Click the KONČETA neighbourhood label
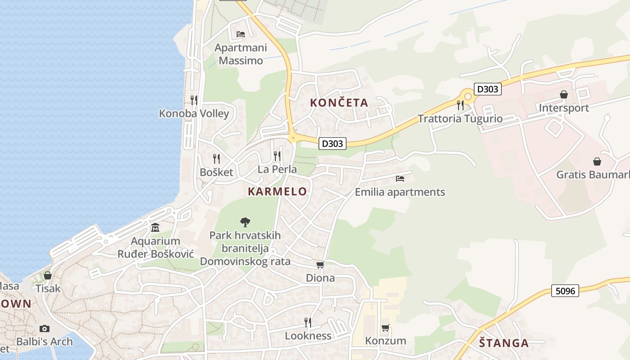339,103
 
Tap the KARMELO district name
277,191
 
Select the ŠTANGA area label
504,343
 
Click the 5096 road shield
565,291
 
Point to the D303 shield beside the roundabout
487,89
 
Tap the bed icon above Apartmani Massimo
241,34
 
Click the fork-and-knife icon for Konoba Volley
194,100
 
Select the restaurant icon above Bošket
216,158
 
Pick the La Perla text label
277,169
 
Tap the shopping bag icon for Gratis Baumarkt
597,161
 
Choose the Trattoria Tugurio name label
460,119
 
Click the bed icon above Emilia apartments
400,179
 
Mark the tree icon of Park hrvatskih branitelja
245,221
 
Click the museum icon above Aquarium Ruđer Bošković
155,227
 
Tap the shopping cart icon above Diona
320,265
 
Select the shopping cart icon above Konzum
385,328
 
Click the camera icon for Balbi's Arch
44,328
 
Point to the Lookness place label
308,336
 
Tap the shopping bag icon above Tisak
48,275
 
